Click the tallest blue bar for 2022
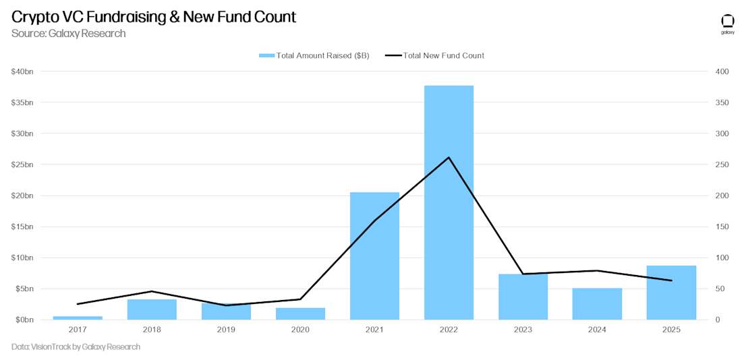(449, 202)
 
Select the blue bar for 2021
(374, 256)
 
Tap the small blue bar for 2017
(78, 318)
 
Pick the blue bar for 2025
(671, 293)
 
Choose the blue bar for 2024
(597, 304)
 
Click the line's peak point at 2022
(449, 158)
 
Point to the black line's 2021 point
(374, 220)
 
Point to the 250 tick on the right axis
(722, 164)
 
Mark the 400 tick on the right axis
(722, 71)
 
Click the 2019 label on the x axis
(226, 330)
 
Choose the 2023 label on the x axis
(523, 330)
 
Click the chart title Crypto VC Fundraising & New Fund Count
(154, 17)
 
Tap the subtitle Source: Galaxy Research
(68, 33)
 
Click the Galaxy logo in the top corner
(728, 24)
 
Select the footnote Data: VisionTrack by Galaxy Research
(76, 347)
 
